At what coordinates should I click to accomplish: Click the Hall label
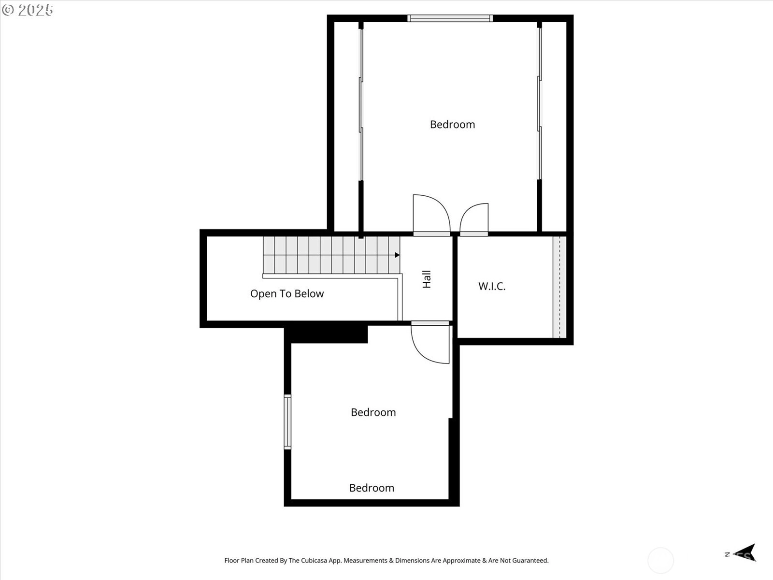(x=427, y=279)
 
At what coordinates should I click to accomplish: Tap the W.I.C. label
(x=492, y=286)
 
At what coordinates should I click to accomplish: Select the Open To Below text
(x=287, y=294)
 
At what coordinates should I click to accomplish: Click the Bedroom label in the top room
(x=453, y=124)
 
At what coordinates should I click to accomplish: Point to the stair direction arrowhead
(x=397, y=255)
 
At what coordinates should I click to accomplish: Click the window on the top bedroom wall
(x=450, y=18)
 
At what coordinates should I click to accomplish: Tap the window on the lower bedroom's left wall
(x=288, y=422)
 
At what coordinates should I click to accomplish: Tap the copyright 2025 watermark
(x=28, y=10)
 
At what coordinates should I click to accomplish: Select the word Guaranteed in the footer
(x=530, y=560)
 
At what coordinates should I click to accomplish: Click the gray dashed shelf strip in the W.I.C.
(x=559, y=287)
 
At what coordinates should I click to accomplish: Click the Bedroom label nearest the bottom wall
(x=372, y=488)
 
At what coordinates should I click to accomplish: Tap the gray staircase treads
(x=331, y=255)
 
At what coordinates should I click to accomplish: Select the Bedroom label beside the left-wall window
(x=373, y=412)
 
